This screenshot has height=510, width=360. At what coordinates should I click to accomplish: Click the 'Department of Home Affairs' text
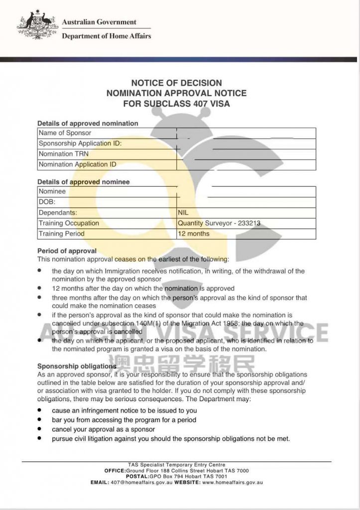[x=106, y=36]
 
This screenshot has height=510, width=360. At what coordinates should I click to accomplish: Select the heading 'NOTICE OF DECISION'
[x=176, y=83]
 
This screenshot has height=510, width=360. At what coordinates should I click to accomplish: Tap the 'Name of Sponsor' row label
[x=65, y=133]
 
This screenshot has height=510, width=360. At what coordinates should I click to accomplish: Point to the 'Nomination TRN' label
[x=64, y=154]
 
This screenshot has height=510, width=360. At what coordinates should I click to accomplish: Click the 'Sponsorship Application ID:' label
[x=80, y=143]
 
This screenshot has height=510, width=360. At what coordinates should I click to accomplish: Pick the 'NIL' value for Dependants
[x=183, y=213]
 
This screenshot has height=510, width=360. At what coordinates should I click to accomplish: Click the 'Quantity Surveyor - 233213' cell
[x=219, y=223]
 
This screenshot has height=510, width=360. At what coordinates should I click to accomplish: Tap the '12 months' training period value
[x=194, y=234]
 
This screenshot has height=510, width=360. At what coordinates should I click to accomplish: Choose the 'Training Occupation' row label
[x=69, y=223]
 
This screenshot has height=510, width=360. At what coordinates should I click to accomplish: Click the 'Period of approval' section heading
[x=67, y=251]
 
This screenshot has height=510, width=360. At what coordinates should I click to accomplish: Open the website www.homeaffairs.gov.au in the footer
[x=233, y=483]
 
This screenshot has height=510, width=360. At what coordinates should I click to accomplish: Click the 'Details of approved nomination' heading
[x=88, y=123]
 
